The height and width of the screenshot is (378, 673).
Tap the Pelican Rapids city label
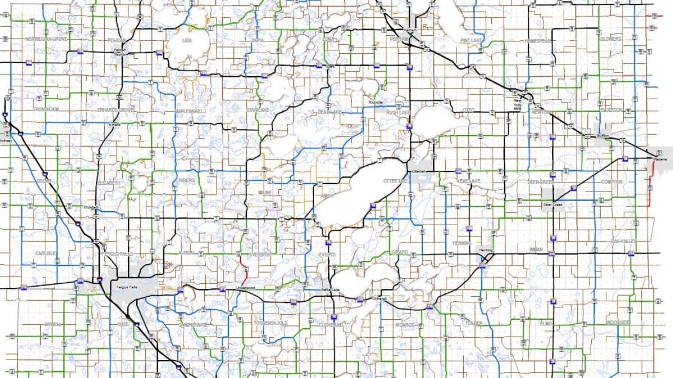coord(119,52)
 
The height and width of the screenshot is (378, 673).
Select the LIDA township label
coord(187,40)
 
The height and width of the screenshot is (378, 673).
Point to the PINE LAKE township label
coord(471,40)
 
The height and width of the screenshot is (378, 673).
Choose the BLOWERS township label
coord(611,39)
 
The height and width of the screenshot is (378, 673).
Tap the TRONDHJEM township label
coord(47,109)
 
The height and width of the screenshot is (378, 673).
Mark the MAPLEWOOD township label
coord(187,111)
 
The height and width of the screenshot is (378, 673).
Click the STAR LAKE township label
coord(259,110)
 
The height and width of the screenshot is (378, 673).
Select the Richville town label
coord(375,102)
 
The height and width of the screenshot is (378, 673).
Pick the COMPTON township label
coord(611,182)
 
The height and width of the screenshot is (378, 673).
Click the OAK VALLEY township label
coord(624,241)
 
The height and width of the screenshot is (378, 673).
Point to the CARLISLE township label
coord(45,253)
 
